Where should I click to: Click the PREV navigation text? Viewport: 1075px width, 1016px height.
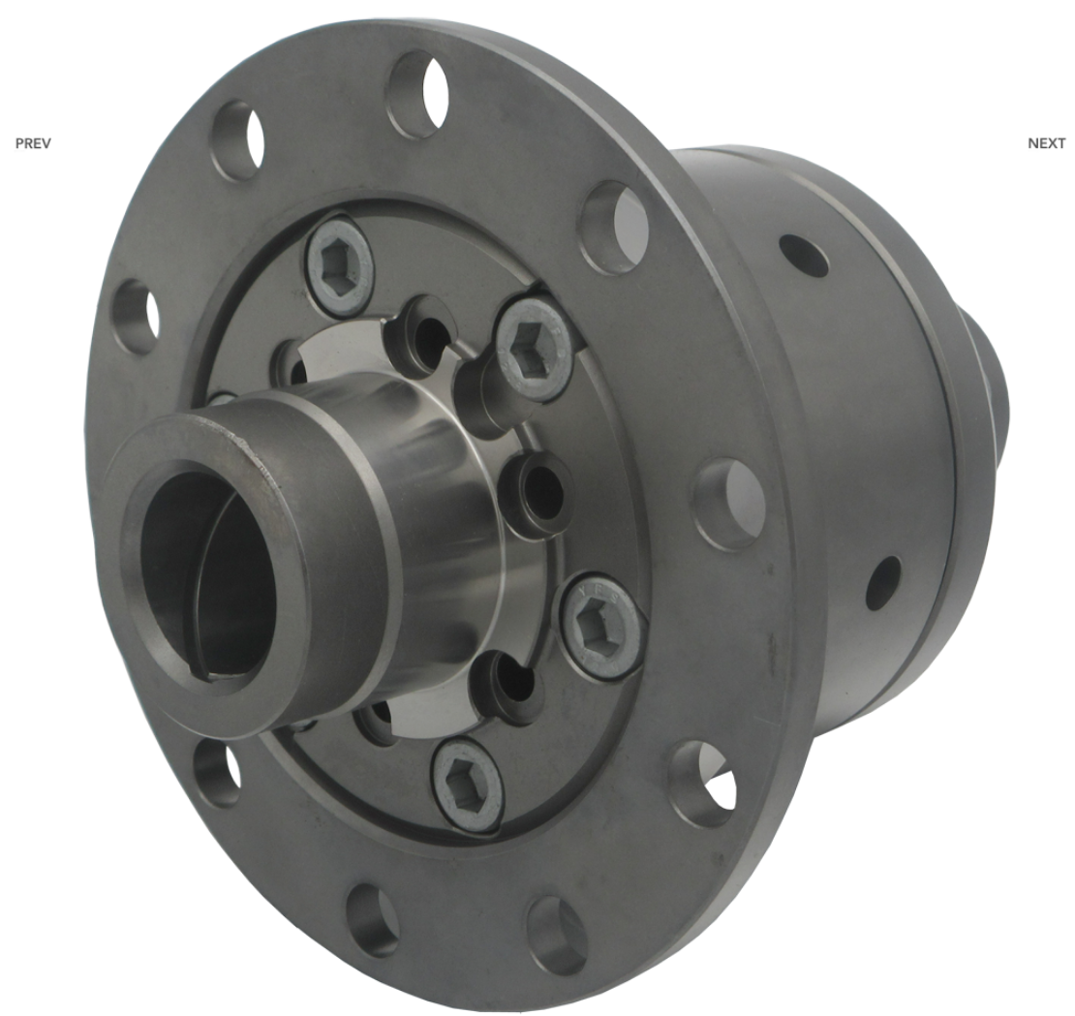point(33,143)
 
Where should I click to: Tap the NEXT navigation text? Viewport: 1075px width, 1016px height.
point(1046,143)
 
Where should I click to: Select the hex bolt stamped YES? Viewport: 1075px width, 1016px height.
point(603,622)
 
